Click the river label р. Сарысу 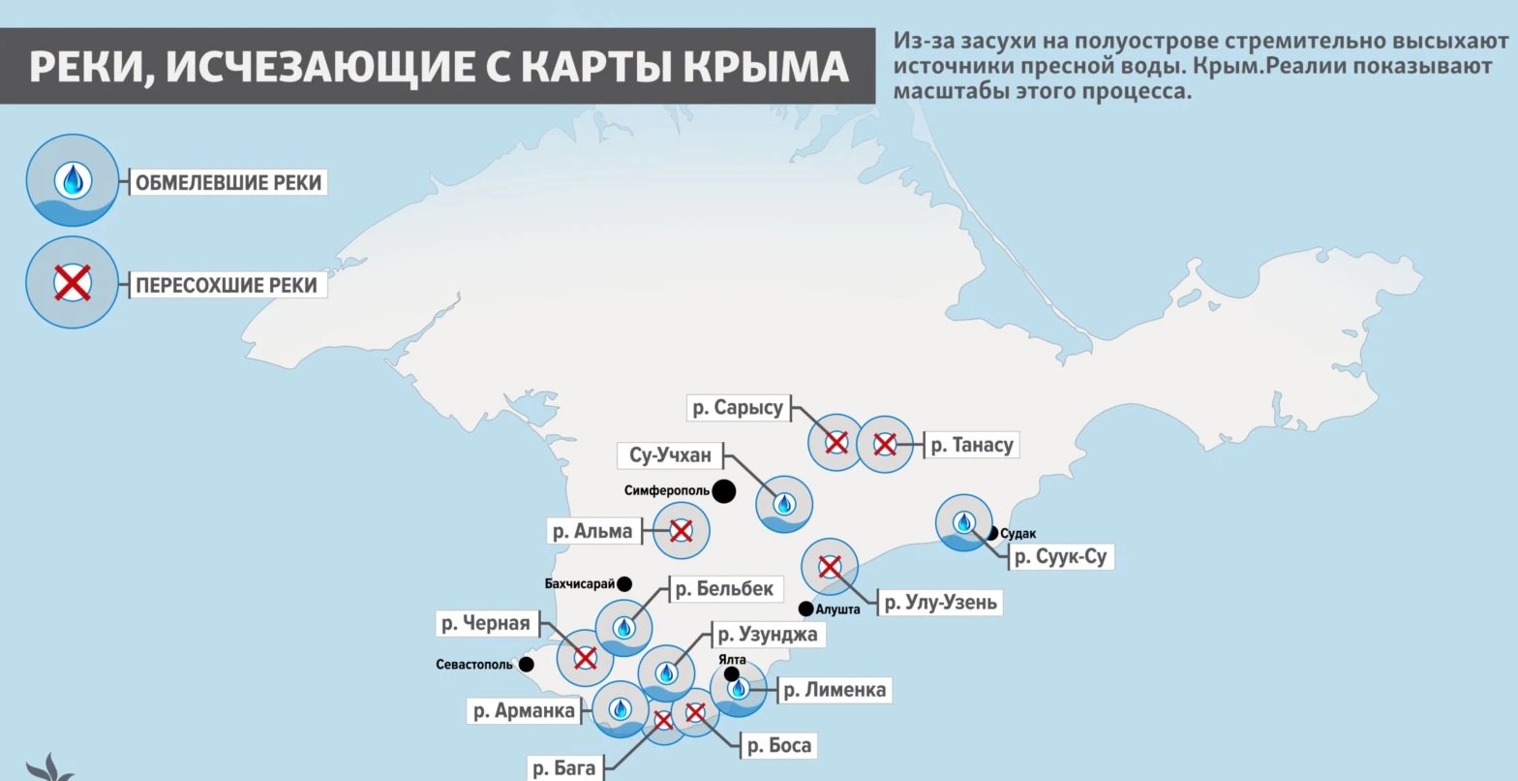tap(738, 408)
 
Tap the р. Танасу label tap(971, 445)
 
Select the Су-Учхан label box tap(670, 455)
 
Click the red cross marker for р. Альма tap(682, 530)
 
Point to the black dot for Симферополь tap(723, 491)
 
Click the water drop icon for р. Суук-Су tap(963, 522)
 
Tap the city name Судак tap(1018, 534)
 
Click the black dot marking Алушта tap(805, 609)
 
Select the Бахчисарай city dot tap(624, 584)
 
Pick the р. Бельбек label tap(724, 588)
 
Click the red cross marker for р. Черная tap(585, 658)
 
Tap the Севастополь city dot tap(526, 665)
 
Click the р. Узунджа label tap(768, 635)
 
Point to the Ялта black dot tap(731, 673)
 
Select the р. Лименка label tap(834, 690)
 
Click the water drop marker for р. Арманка tap(620, 708)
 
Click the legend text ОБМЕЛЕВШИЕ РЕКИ tap(228, 182)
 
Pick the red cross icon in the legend tap(73, 283)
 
